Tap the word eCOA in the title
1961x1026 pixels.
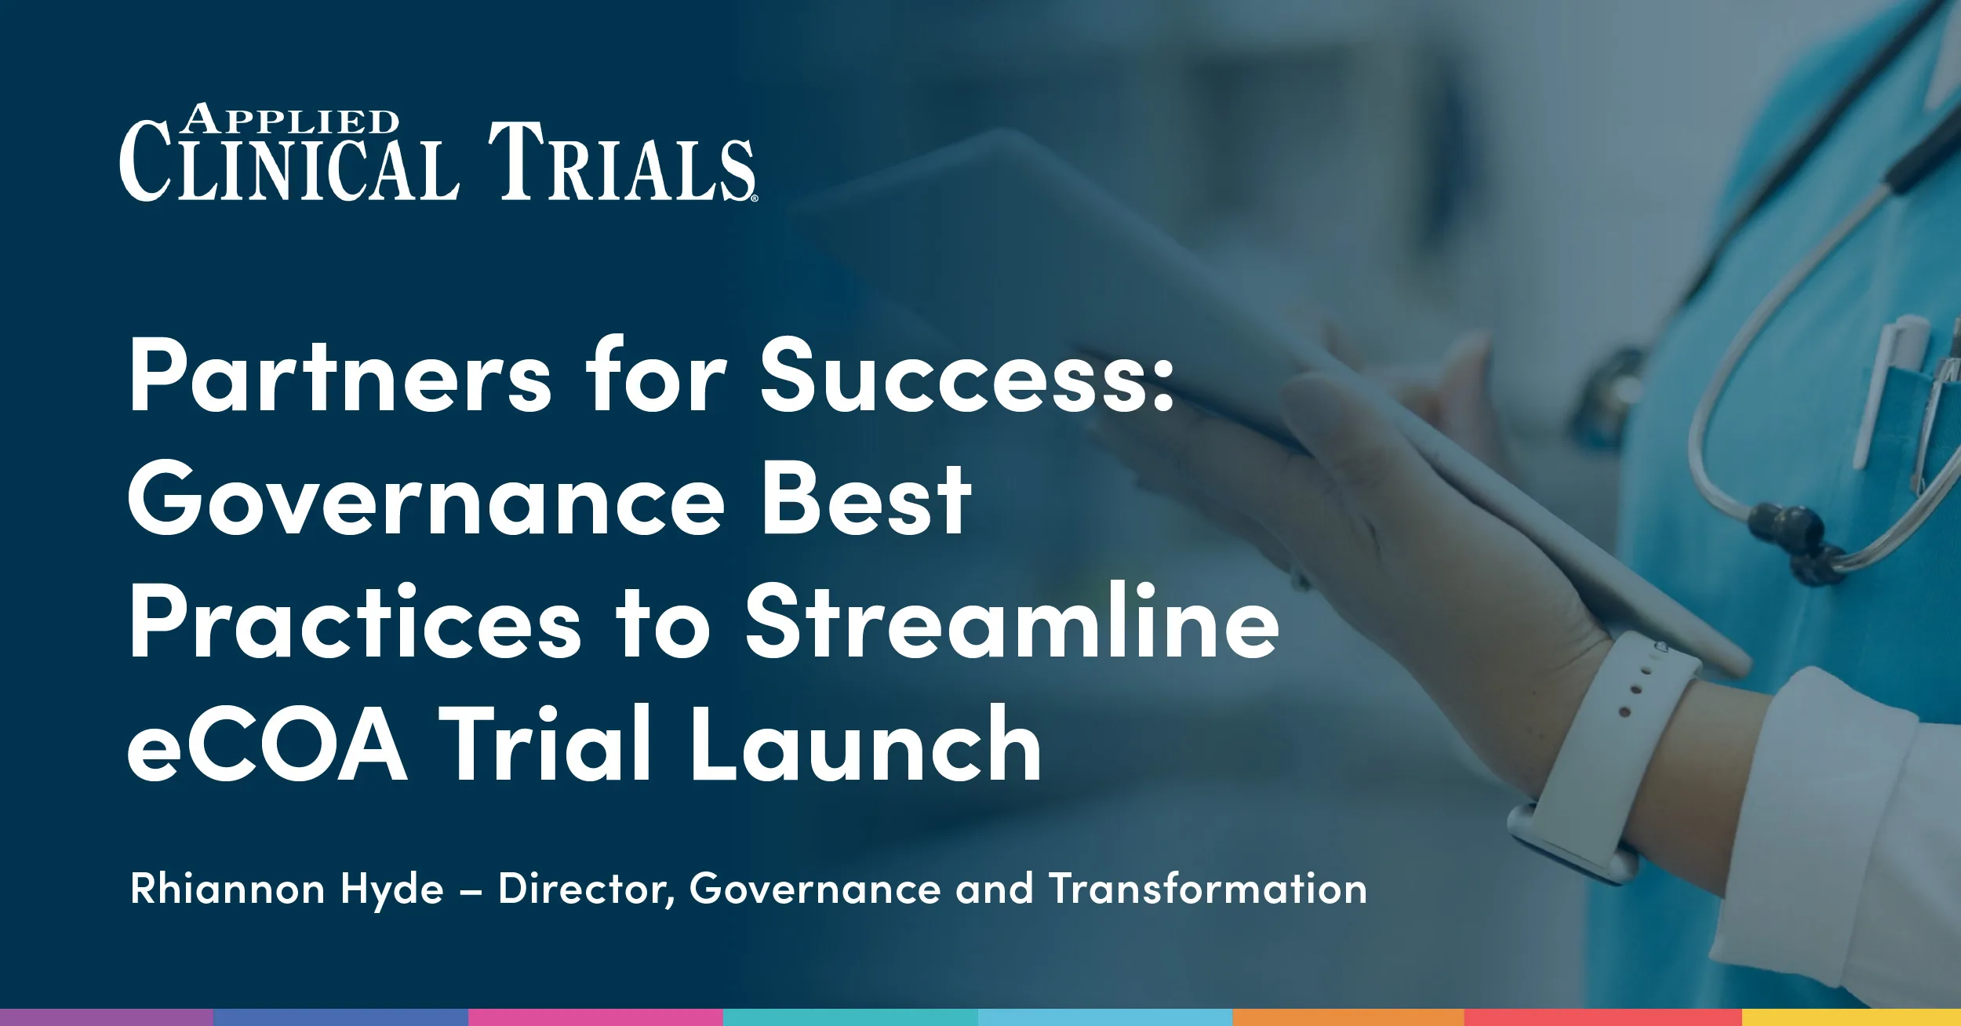coord(267,745)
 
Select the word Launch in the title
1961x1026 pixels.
coord(866,745)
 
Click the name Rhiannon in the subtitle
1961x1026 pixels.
coord(227,890)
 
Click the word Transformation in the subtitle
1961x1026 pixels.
coord(1208,890)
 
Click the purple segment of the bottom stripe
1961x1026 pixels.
coord(106,1017)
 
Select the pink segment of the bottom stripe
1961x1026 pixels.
coord(595,1017)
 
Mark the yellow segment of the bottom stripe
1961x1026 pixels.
coord(1851,1017)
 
